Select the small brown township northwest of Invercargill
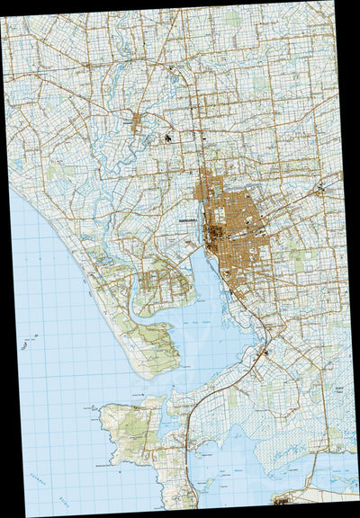136,123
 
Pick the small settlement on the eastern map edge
319,190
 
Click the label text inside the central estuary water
207,325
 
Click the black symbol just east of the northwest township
168,137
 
